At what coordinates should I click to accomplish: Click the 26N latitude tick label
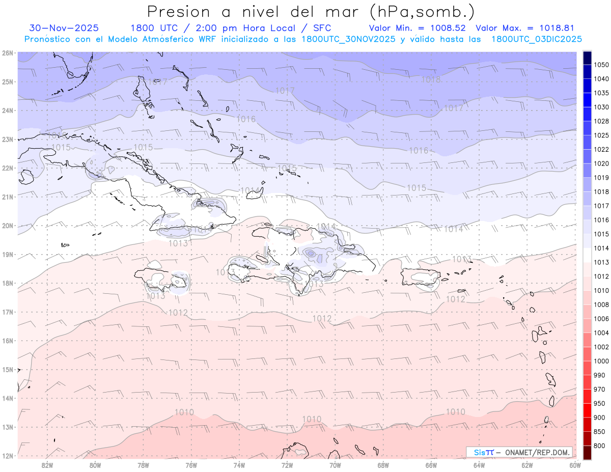pyautogui.click(x=7, y=53)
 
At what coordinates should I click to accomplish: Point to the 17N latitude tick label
pyautogui.click(x=7, y=312)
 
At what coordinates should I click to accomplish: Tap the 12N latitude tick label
pyautogui.click(x=7, y=456)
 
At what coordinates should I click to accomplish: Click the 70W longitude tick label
pyautogui.click(x=335, y=465)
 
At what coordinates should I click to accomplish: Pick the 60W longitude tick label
pyautogui.click(x=575, y=465)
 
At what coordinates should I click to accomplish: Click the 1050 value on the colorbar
pyautogui.click(x=601, y=65)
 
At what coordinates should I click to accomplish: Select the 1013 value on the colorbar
pyautogui.click(x=601, y=262)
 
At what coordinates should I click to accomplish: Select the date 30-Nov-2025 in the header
pyautogui.click(x=64, y=28)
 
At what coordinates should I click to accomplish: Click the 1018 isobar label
pyautogui.click(x=431, y=79)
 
